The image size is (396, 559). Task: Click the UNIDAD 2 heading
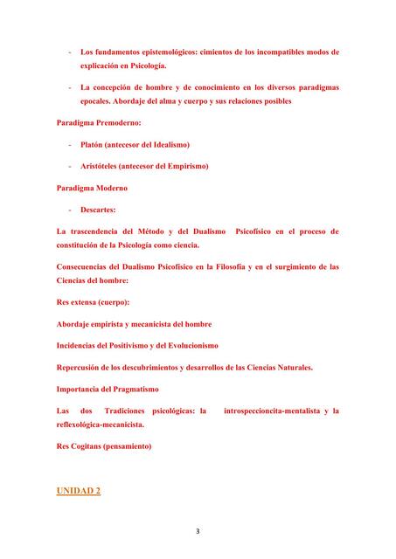pyautogui.click(x=78, y=492)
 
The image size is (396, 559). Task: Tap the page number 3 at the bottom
pyautogui.click(x=198, y=529)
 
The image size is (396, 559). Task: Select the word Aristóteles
pyautogui.click(x=102, y=166)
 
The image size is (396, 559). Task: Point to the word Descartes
pyautogui.click(x=101, y=210)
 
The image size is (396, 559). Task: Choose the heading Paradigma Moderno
pyautogui.click(x=92, y=188)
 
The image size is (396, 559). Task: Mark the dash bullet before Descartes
pyautogui.click(x=69, y=210)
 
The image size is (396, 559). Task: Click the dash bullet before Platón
pyautogui.click(x=69, y=144)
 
